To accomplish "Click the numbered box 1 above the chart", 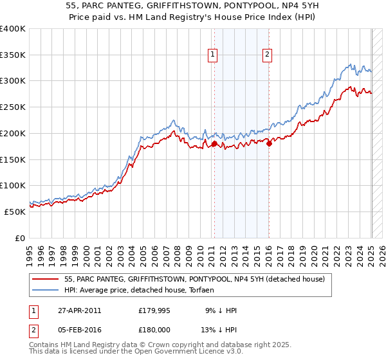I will click(x=212, y=55).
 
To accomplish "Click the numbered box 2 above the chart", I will click(x=266, y=55).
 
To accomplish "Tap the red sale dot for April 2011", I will click(x=214, y=144).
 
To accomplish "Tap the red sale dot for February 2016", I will click(x=269, y=144).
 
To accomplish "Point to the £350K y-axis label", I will click(x=13, y=55).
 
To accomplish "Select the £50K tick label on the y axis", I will click(x=15, y=212).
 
